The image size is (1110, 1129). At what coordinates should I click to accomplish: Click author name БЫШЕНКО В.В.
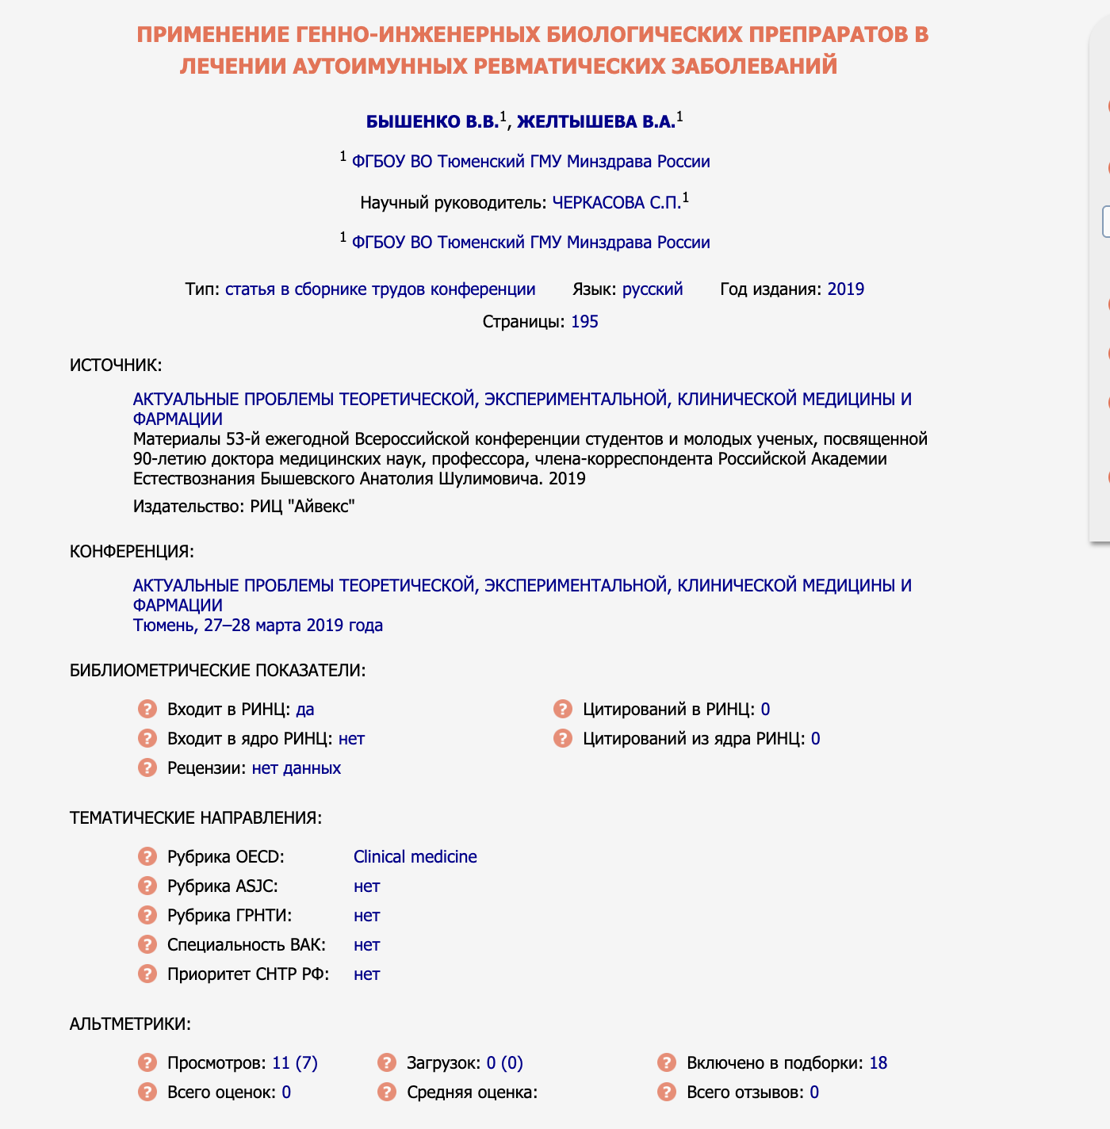pyautogui.click(x=432, y=121)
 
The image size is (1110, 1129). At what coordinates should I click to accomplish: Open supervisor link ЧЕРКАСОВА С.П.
pyautogui.click(x=616, y=202)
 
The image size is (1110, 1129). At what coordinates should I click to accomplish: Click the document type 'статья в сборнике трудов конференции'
pyautogui.click(x=380, y=289)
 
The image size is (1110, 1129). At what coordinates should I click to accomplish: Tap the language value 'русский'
pyautogui.click(x=652, y=289)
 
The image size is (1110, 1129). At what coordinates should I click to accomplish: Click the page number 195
pyautogui.click(x=584, y=321)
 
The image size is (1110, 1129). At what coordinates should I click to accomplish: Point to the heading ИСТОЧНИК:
pyautogui.click(x=116, y=365)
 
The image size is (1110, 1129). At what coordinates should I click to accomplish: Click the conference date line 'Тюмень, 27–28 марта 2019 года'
pyautogui.click(x=258, y=625)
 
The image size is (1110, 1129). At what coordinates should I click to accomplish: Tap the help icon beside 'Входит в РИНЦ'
pyautogui.click(x=147, y=709)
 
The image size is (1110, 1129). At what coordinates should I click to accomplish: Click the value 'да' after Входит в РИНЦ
pyautogui.click(x=305, y=709)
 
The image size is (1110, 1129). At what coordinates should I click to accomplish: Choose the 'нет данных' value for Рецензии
pyautogui.click(x=297, y=767)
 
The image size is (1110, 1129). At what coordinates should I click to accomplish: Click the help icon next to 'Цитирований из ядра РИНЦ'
pyautogui.click(x=563, y=738)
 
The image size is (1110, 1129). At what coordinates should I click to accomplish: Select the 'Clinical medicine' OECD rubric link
pyautogui.click(x=415, y=856)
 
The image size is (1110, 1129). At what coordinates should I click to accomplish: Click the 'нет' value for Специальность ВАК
pyautogui.click(x=366, y=944)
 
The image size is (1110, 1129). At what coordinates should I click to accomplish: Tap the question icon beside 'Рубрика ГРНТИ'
pyautogui.click(x=147, y=915)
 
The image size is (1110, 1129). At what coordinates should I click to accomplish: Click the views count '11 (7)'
pyautogui.click(x=294, y=1062)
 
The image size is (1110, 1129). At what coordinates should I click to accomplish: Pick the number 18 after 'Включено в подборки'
pyautogui.click(x=878, y=1062)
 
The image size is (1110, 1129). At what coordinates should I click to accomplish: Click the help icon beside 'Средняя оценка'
pyautogui.click(x=387, y=1092)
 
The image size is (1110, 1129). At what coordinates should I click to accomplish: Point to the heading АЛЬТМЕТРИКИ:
pyautogui.click(x=130, y=1024)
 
